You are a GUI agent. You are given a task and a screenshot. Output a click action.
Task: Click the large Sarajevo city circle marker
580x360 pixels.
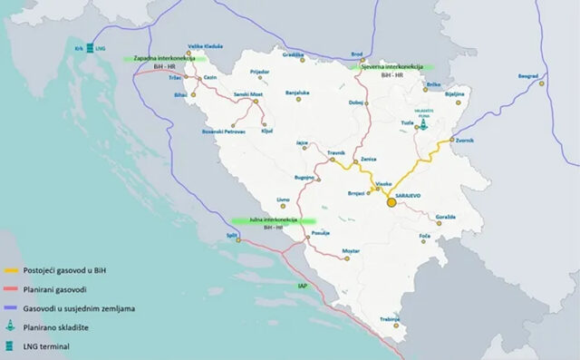coord(391,202)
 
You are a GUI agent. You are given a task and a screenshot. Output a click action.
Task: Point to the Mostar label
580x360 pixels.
coord(351,249)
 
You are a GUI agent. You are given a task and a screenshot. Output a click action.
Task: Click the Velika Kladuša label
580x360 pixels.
coord(205,45)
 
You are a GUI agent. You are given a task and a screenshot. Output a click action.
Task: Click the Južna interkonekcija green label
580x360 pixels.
coord(272,219)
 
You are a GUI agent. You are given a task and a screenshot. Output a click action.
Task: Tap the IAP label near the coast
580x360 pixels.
coord(302,286)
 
